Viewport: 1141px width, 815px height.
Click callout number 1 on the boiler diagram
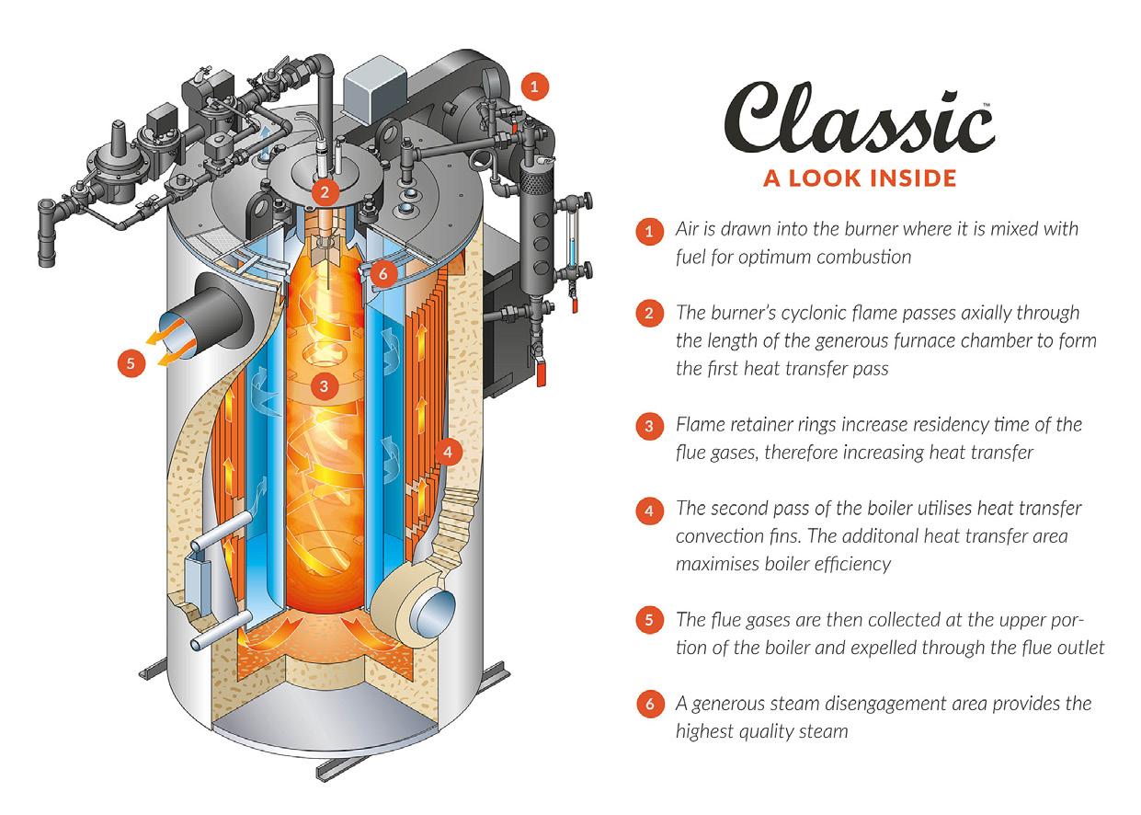coord(534,86)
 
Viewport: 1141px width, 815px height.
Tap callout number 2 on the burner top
coord(323,192)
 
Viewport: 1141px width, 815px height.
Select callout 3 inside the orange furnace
coord(323,385)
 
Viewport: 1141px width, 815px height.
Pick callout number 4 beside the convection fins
coord(447,452)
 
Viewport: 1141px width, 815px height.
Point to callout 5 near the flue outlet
coord(131,362)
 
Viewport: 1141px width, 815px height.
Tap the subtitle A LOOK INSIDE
coord(860,177)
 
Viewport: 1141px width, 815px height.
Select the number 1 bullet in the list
coord(649,230)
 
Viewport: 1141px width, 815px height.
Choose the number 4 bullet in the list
coord(649,509)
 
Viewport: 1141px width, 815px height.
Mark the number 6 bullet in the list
coord(649,705)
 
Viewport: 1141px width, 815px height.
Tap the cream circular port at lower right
coord(429,608)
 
